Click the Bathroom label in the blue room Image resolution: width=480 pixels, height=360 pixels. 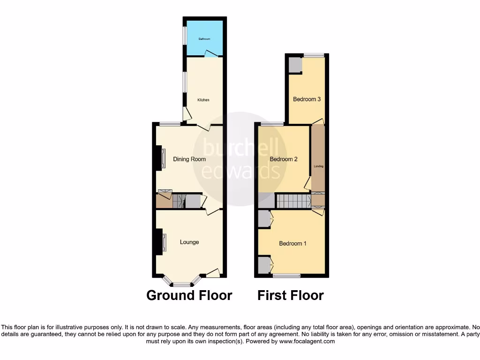point(204,39)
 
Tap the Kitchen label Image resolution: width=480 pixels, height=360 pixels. point(203,100)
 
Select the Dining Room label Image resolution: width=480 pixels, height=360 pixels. point(189,159)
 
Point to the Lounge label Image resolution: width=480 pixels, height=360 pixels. point(189,242)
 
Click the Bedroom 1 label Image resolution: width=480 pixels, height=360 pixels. point(292,243)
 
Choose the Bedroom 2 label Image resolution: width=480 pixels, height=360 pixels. point(284,159)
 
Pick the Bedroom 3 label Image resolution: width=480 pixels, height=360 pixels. point(307,99)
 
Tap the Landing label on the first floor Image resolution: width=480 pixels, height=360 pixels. point(318,166)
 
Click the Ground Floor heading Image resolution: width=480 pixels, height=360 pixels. point(189,295)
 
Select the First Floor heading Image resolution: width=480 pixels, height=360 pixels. point(290,295)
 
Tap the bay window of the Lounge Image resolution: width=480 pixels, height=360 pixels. point(182,284)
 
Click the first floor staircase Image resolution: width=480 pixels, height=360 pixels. point(293,201)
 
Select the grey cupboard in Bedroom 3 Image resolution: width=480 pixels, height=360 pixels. point(295,65)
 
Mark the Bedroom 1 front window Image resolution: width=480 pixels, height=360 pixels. point(286,275)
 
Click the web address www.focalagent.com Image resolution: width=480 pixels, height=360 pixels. point(307,342)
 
